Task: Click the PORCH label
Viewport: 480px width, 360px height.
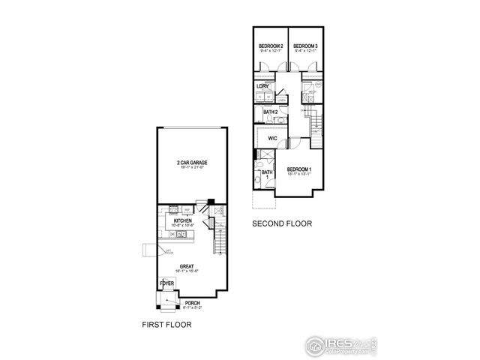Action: click(x=192, y=303)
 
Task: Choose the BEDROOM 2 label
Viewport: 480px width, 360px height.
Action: click(x=271, y=46)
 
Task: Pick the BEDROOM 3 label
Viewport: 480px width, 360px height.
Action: click(x=305, y=46)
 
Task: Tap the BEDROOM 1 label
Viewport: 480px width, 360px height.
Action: click(x=300, y=170)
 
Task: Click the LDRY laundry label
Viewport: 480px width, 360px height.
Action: click(x=262, y=86)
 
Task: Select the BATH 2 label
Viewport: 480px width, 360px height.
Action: click(x=271, y=112)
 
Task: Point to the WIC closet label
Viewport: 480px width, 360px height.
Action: click(x=274, y=138)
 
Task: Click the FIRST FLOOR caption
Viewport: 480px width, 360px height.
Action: click(x=166, y=325)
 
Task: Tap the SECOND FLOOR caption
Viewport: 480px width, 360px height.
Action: click(x=282, y=223)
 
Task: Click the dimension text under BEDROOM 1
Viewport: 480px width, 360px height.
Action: click(x=300, y=175)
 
